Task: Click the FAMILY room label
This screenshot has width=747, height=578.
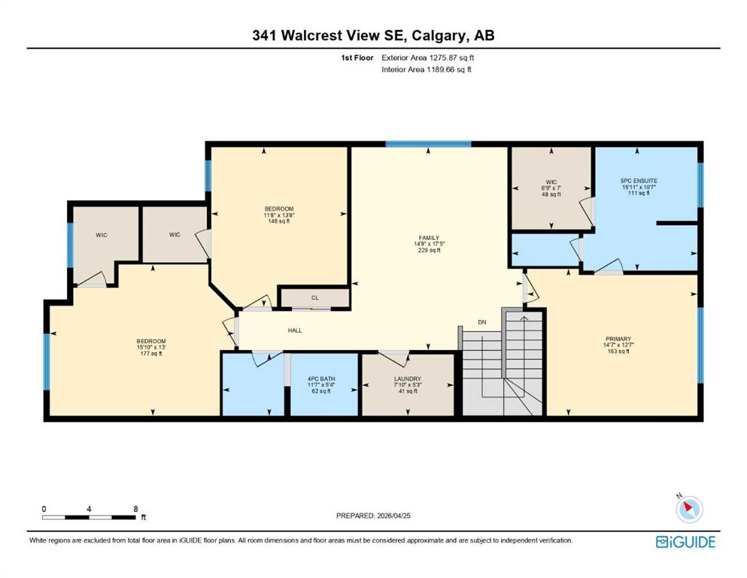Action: tap(429, 238)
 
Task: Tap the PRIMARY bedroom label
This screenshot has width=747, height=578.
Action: tap(618, 339)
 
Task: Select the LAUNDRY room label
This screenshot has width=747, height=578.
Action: tap(408, 379)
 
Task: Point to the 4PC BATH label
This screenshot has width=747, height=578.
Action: tap(321, 379)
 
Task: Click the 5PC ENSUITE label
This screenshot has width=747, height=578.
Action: tap(639, 181)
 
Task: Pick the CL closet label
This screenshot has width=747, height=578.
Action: tap(315, 298)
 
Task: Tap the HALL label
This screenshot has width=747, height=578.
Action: tap(295, 330)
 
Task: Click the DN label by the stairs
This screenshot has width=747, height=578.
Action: tap(482, 322)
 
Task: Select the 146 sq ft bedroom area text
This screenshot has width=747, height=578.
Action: tap(278, 221)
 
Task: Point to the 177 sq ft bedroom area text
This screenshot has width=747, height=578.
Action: tap(151, 354)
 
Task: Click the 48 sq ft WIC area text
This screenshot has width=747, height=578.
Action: tap(551, 194)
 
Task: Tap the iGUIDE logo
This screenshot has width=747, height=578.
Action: tap(685, 542)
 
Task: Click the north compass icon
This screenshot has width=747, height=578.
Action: tap(689, 509)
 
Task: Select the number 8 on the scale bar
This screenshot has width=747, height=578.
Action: tap(135, 509)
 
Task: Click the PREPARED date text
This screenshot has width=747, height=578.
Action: tap(373, 516)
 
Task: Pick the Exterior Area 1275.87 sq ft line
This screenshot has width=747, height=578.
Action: tap(428, 58)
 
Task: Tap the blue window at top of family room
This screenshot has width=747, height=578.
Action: tap(428, 144)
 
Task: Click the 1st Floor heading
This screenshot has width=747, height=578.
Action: tap(357, 58)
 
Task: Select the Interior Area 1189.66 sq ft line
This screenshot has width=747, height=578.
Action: tap(427, 69)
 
